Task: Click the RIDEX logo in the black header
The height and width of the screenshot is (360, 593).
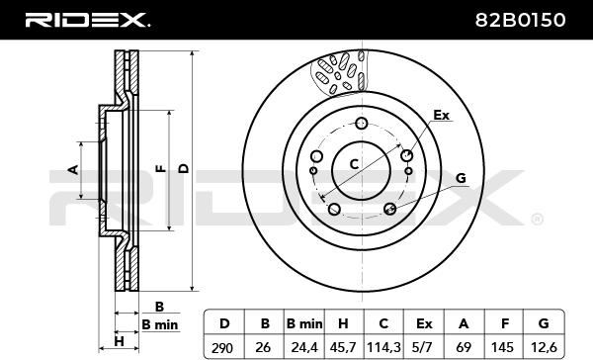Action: coord(87,20)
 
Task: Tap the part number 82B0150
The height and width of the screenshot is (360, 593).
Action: coord(521,20)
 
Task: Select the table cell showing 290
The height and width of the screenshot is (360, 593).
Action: coord(222,347)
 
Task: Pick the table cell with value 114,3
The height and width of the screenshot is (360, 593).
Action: coord(383,347)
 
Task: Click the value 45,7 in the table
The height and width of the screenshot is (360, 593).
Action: coord(343,347)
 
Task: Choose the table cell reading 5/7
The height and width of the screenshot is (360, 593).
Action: coord(424,347)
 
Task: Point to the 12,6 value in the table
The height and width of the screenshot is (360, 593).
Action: coord(543,347)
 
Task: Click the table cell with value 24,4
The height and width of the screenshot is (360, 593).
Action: coord(304,347)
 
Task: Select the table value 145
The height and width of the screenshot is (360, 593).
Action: coord(503,347)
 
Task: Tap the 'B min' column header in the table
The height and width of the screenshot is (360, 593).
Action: coord(304,324)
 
